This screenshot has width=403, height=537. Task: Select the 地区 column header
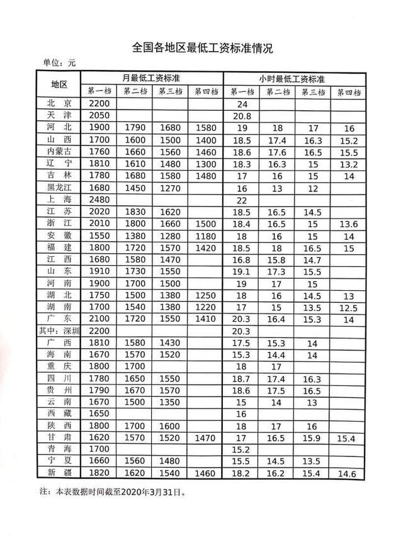[64, 84]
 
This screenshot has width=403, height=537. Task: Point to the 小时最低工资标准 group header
[292, 79]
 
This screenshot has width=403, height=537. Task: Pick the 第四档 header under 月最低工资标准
[205, 92]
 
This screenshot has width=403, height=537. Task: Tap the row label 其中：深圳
[64, 331]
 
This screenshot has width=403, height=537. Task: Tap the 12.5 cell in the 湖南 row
[348, 308]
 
